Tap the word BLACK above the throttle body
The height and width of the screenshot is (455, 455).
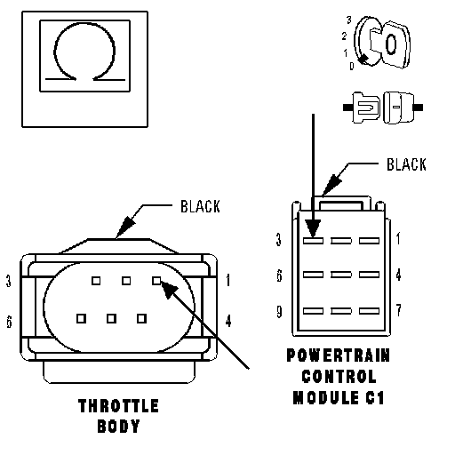200,206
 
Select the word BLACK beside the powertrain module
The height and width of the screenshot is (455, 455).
406,164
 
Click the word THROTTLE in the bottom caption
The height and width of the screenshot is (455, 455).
118,406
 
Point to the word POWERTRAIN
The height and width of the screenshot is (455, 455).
339,355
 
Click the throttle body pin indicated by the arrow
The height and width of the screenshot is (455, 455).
156,281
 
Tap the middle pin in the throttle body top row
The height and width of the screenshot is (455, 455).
126,281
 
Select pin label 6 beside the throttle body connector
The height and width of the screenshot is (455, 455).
10,322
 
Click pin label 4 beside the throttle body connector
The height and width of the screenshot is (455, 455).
228,321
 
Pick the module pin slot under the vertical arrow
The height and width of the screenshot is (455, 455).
313,241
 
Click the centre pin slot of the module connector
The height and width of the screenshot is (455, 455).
341,275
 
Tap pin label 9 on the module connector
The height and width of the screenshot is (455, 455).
279,312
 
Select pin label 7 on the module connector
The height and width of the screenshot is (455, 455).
399,310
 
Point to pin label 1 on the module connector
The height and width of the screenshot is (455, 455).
398,238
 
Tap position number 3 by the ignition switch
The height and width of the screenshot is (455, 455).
349,20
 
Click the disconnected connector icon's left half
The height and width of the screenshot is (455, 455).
362,108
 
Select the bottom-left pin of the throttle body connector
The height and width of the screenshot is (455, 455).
81,318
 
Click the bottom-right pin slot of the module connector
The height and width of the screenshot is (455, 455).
370,311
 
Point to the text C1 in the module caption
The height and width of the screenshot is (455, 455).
375,397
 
